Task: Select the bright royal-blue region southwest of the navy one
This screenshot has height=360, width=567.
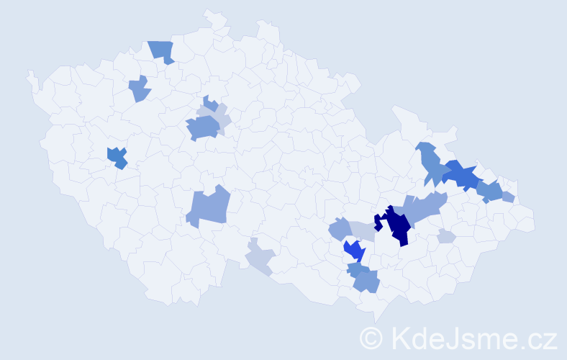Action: coord(354,251)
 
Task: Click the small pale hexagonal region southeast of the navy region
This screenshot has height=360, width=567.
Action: coord(445,236)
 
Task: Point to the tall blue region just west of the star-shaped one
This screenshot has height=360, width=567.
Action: coord(431,163)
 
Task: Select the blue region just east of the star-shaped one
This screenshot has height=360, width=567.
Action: coord(489,192)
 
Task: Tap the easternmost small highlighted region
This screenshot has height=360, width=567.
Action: coord(508,197)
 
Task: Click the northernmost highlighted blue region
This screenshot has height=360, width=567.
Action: coord(162,51)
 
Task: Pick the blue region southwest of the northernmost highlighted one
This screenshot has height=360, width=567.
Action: coord(140,89)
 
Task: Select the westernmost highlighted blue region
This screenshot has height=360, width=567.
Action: coord(117,157)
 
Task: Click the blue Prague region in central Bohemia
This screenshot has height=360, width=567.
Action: coord(203,128)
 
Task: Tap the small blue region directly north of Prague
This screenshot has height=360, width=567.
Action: coord(210,104)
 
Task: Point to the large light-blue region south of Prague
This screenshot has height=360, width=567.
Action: coord(208,207)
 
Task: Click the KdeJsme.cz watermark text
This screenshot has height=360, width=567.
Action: coord(472,337)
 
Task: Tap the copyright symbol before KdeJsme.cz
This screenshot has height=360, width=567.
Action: coord(371,338)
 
